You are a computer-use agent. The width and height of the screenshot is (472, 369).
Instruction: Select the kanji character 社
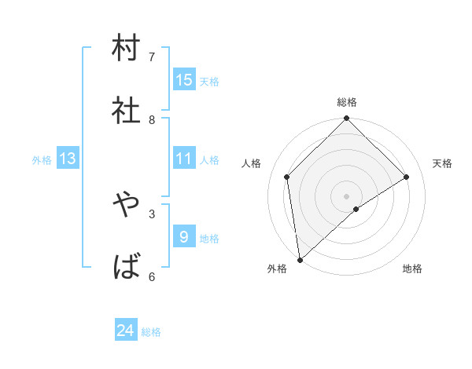[127, 111]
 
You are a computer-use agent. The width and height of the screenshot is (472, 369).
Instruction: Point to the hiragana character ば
[127, 267]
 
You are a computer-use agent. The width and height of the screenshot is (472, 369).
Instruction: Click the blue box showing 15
[184, 79]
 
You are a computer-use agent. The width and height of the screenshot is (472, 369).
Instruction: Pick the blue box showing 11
[184, 159]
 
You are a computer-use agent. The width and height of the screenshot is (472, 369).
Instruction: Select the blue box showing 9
[184, 236]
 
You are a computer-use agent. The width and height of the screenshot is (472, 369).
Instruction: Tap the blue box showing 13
[68, 159]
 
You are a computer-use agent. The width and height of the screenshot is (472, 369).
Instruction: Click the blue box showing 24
[126, 331]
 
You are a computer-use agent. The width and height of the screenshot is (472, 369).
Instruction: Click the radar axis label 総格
[347, 102]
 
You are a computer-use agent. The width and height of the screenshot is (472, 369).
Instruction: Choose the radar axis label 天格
[442, 163]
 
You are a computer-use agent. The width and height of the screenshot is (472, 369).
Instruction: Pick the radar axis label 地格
[412, 269]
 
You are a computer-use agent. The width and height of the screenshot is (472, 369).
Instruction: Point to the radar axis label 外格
[277, 269]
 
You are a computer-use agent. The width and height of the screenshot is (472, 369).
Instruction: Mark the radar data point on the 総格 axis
[347, 119]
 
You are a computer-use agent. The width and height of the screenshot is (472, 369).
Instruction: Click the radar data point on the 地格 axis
[356, 209]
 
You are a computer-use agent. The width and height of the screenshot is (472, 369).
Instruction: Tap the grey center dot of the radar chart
[347, 195]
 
